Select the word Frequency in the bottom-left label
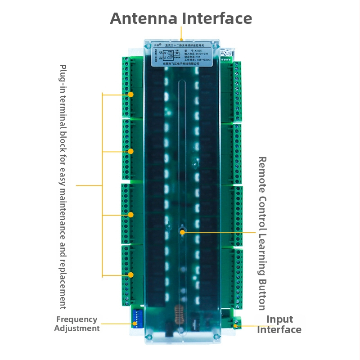tap(76, 319)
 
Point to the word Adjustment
tap(76, 328)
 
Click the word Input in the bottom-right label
tap(279, 319)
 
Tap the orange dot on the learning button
tap(183, 232)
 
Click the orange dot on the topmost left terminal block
tap(130, 94)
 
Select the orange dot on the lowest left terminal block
tap(130, 274)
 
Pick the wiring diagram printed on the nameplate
tap(170, 56)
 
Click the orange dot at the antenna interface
tap(181, 40)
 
